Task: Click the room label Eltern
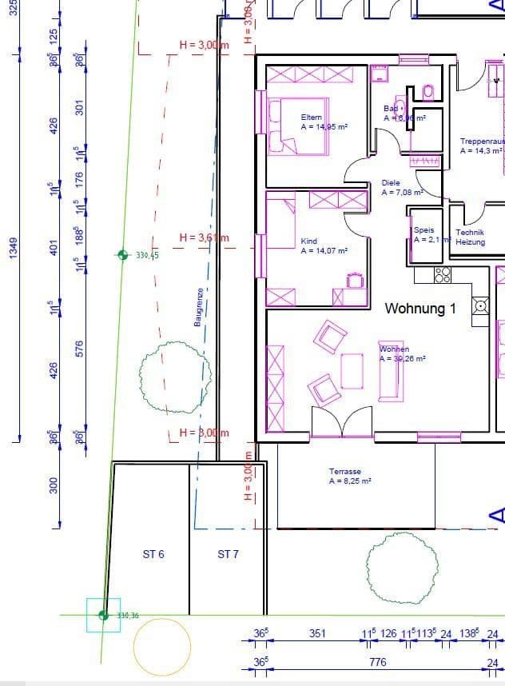tap(312, 118)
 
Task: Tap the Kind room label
tap(309, 241)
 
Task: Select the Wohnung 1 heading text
tap(420, 309)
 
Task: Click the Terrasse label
tap(345, 472)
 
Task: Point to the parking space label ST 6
tap(153, 554)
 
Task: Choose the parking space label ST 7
tap(228, 554)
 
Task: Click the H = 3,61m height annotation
tap(204, 237)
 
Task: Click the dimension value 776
tap(377, 662)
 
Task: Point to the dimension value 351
tap(317, 634)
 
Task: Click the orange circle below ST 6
tap(162, 647)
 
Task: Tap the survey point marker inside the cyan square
tap(103, 615)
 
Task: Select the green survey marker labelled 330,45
tap(122, 255)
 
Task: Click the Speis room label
tap(423, 230)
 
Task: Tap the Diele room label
tap(391, 183)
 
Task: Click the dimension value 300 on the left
tap(54, 485)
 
